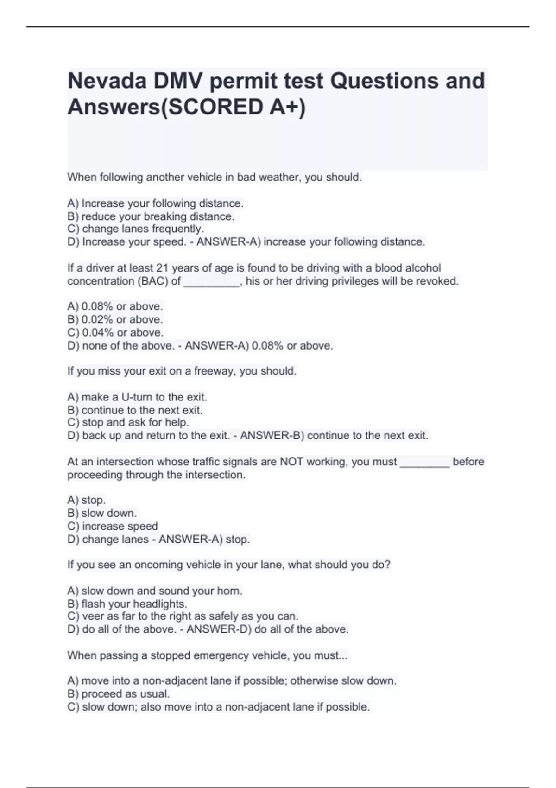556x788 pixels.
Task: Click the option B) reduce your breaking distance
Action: pos(151,216)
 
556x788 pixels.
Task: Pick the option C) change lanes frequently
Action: pos(135,229)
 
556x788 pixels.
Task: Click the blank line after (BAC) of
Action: pos(212,282)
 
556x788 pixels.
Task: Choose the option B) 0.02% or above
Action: pos(115,319)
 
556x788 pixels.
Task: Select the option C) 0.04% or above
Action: pos(115,332)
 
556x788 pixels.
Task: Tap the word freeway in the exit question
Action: pos(214,371)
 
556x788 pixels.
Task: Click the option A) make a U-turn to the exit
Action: pos(137,397)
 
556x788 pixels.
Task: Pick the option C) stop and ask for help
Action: pos(128,423)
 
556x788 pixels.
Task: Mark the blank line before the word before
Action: pos(424,463)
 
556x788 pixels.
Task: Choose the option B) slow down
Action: pos(102,513)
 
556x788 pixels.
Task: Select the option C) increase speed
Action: pos(113,526)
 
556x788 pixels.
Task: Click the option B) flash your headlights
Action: pos(127,604)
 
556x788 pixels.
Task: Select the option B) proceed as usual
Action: pos(119,694)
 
